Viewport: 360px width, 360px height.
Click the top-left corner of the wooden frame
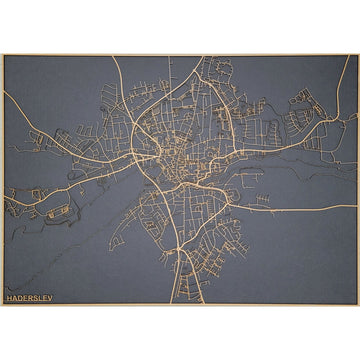(2, 55)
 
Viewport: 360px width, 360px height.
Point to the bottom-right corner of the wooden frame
(357, 305)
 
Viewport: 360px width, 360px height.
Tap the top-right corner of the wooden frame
(357, 55)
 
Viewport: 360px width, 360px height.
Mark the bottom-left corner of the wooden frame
(2, 305)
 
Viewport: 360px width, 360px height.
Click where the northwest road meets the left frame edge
(3, 93)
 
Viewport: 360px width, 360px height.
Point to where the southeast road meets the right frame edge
(356, 209)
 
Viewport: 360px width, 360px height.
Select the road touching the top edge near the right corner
(344, 57)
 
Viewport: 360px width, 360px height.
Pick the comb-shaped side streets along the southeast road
(262, 200)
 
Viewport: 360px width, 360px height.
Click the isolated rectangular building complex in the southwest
(58, 212)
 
